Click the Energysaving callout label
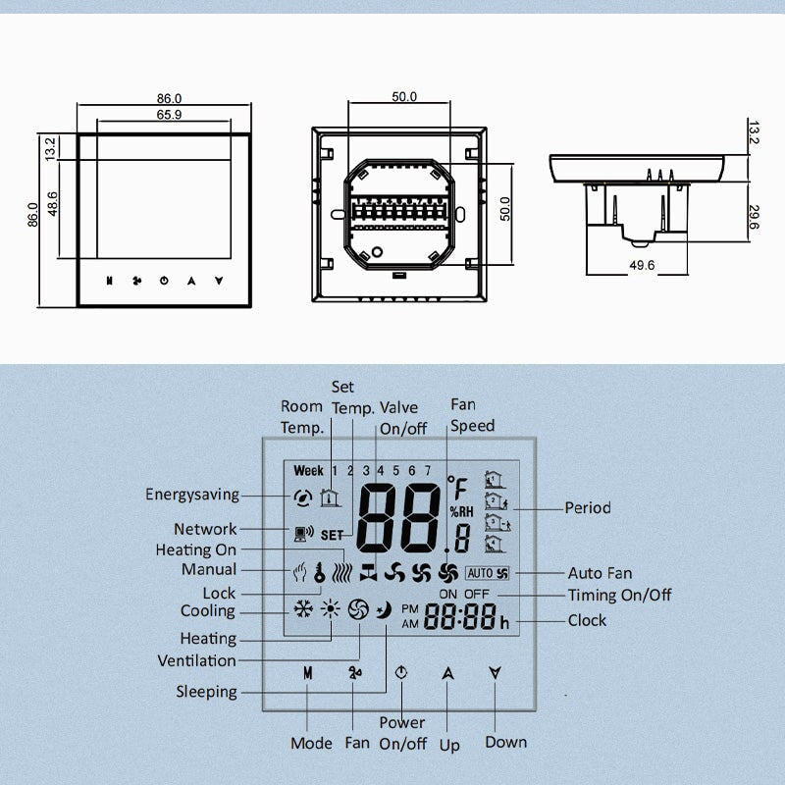pos(191,495)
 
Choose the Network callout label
pos(205,529)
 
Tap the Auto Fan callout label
pos(600,573)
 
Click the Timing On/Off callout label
pos(619,595)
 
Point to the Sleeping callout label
pos(206,692)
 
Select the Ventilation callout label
pos(196,660)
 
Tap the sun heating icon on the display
pos(330,609)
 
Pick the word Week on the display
pos(308,471)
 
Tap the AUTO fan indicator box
pos(489,573)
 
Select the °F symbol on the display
pos(458,488)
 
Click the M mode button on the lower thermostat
pos(307,674)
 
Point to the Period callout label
pos(587,507)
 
